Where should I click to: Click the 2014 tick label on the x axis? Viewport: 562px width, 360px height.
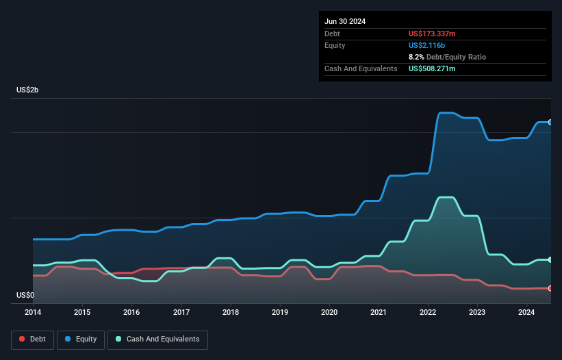coord(33,313)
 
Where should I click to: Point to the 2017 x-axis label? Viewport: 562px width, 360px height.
coord(181,313)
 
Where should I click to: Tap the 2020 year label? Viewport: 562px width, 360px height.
coord(329,313)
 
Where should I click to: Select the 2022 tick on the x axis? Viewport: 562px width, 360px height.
coord(428,313)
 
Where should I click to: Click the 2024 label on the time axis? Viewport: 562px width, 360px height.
coord(526,313)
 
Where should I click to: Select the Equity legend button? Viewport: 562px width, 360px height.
coord(81,339)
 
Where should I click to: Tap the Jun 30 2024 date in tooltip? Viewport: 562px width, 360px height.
coord(345,21)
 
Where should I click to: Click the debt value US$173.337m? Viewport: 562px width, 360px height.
coord(432,34)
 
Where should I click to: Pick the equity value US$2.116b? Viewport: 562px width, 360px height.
coord(426,45)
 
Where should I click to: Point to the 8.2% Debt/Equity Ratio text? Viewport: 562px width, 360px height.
coord(447,57)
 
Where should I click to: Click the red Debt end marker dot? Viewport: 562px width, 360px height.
coord(550,288)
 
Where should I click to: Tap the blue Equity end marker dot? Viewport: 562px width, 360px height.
coord(550,122)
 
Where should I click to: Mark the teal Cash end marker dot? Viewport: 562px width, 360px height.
coord(550,259)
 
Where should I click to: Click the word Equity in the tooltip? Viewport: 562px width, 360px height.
coord(335,45)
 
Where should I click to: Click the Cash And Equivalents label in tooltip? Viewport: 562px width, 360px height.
coord(361,68)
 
